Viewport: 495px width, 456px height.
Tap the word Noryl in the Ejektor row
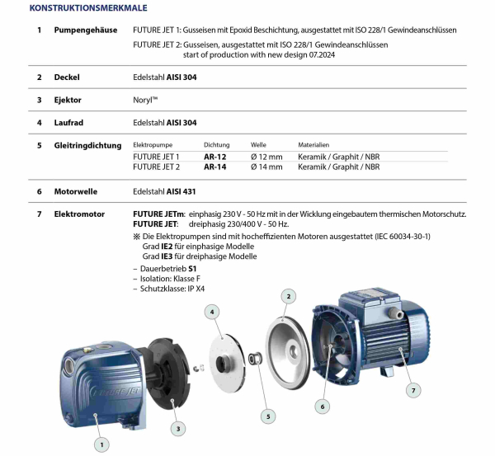(x=145, y=100)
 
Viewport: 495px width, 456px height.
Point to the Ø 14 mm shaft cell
(x=266, y=166)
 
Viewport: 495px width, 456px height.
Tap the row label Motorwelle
(x=76, y=191)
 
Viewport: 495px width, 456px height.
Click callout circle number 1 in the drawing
(x=102, y=444)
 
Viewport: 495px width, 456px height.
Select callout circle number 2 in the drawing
(x=288, y=294)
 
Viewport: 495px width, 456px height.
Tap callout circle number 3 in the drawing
(x=177, y=428)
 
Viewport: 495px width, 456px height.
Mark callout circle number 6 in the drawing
(x=323, y=406)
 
